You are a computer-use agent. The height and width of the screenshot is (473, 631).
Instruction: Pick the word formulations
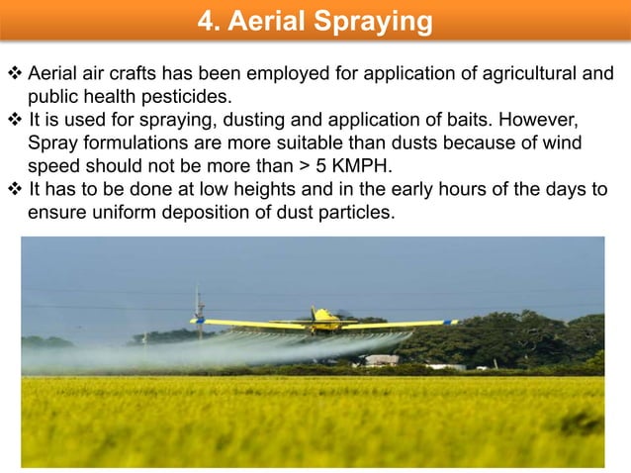pyautogui.click(x=135, y=142)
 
